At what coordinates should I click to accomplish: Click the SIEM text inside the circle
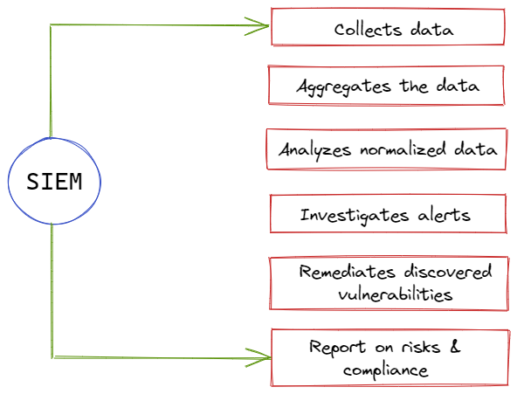(x=54, y=182)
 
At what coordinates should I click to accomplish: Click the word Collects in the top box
(x=368, y=30)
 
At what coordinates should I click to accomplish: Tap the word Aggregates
(x=343, y=87)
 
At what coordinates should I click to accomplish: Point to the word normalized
(x=403, y=149)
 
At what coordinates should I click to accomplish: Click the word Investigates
(x=355, y=216)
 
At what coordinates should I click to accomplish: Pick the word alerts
(x=444, y=215)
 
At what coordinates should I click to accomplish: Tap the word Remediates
(x=347, y=272)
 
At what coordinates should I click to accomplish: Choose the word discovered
(x=448, y=272)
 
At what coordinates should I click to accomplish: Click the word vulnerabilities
(x=395, y=294)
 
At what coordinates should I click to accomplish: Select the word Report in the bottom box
(x=337, y=348)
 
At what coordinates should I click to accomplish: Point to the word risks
(x=421, y=347)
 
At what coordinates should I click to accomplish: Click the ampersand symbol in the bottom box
(x=455, y=347)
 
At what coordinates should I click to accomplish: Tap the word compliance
(x=385, y=370)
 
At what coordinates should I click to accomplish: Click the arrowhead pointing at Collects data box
(x=257, y=26)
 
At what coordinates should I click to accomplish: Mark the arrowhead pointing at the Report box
(x=258, y=357)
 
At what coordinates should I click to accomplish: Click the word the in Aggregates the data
(x=414, y=86)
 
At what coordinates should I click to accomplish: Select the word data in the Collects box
(x=432, y=30)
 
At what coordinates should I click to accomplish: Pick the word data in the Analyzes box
(x=475, y=149)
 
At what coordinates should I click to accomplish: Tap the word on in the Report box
(x=383, y=348)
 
